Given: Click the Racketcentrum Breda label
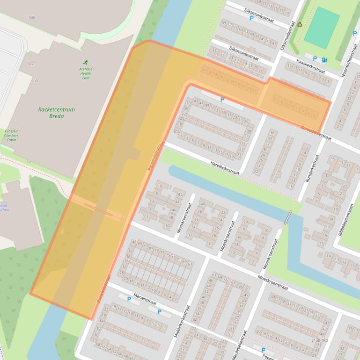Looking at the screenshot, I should (x=56, y=113).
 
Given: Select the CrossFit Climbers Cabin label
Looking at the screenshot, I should (x=12, y=136).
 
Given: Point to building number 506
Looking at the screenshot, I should (x=32, y=17).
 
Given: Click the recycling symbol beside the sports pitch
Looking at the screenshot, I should (x=300, y=25).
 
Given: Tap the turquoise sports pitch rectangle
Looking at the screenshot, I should (x=322, y=27).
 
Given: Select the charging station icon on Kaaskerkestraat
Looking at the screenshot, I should (x=325, y=59).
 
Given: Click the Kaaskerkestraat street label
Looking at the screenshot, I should (x=311, y=66).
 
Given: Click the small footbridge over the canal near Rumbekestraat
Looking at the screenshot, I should (x=288, y=217).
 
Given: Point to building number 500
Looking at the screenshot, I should (x=34, y=81).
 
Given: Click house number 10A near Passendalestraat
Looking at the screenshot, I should (x=176, y=132).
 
